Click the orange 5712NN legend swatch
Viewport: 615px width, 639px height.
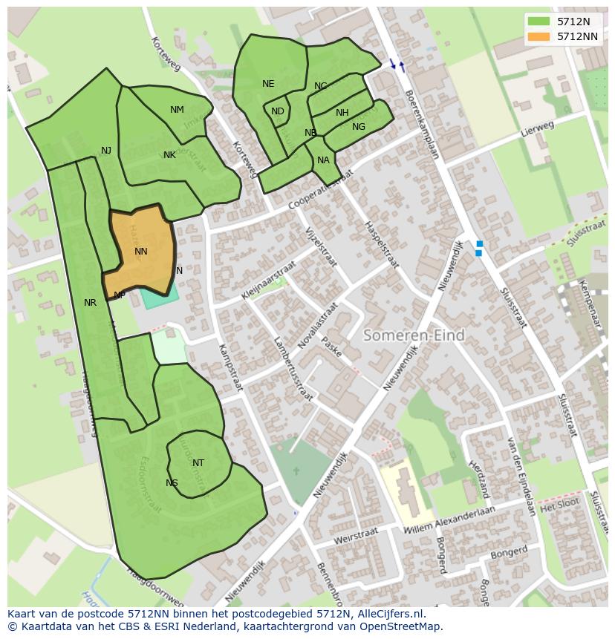pyautogui.click(x=539, y=36)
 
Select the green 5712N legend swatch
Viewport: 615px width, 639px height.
pyautogui.click(x=539, y=22)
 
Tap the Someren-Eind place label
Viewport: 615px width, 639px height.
pyautogui.click(x=414, y=335)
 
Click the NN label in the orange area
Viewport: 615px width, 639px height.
pyautogui.click(x=141, y=252)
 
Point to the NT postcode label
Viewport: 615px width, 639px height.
pyautogui.click(x=198, y=463)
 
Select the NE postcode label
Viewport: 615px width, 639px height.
pyautogui.click(x=268, y=84)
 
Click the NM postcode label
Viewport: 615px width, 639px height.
pyautogui.click(x=177, y=110)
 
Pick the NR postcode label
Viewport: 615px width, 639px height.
pyautogui.click(x=90, y=303)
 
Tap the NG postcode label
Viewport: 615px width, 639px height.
pyautogui.click(x=359, y=127)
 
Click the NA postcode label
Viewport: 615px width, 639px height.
pyautogui.click(x=323, y=160)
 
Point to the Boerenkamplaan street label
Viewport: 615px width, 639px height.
pyautogui.click(x=422, y=125)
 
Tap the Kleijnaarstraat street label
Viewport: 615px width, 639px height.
pyautogui.click(x=268, y=280)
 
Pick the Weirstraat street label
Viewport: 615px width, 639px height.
pyautogui.click(x=357, y=534)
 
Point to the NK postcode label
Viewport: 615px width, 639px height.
pyautogui.click(x=169, y=155)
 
